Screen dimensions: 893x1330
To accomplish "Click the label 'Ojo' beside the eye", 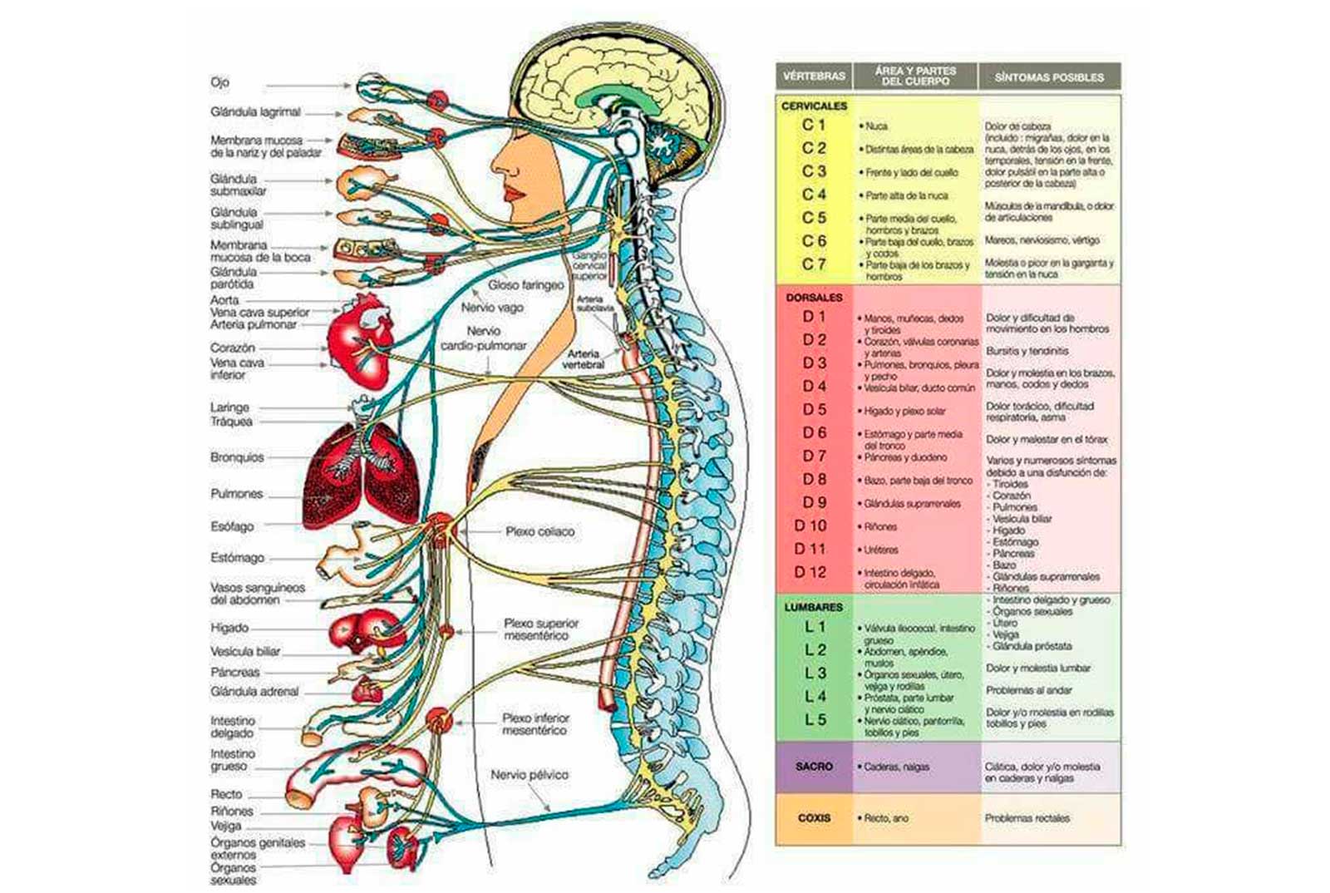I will click(219, 82).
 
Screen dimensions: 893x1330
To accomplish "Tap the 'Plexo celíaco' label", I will click(539, 531).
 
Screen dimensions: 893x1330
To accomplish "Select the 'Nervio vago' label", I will click(492, 308).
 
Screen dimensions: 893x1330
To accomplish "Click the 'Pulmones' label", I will click(236, 494).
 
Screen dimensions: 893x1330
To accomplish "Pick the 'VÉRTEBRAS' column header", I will click(814, 76).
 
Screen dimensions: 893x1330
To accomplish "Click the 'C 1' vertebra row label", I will click(814, 125).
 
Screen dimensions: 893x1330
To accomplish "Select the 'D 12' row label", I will click(810, 572).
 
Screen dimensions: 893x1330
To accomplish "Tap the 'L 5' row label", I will click(815, 720).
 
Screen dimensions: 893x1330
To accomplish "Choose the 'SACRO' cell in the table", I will click(814, 767).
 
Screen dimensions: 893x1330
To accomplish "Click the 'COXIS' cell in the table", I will click(814, 818).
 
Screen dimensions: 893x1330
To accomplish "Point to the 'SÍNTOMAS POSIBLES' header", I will click(1049, 77).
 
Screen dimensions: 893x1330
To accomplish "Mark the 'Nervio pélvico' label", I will click(530, 775).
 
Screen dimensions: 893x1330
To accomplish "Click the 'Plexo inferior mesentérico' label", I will click(535, 724).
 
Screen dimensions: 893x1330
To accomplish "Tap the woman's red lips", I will click(513, 195).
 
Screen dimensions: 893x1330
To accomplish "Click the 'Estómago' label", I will click(237, 558).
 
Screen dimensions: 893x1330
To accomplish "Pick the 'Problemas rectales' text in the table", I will click(1027, 818).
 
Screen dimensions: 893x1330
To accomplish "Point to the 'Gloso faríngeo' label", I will click(525, 285).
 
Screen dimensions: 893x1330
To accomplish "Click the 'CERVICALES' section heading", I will click(814, 106).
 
